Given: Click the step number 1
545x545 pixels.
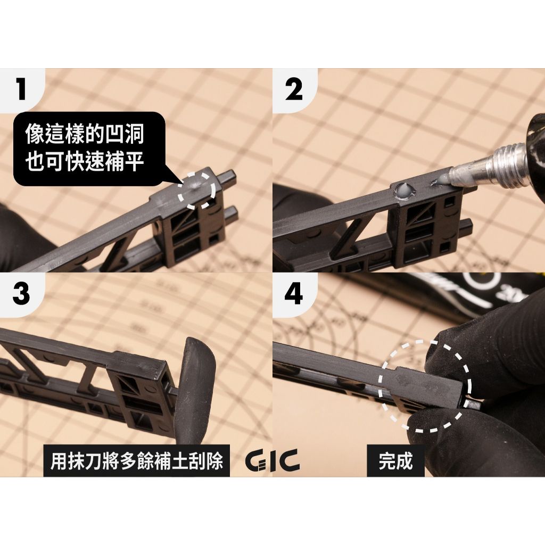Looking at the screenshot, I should pyautogui.click(x=21, y=89).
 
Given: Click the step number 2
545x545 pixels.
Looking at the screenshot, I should pyautogui.click(x=294, y=89).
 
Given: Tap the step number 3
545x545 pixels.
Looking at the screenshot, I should pyautogui.click(x=21, y=293).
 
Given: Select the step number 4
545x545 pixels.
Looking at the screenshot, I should pyautogui.click(x=294, y=293).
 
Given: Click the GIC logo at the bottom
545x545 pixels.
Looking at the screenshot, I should pyautogui.click(x=272, y=460).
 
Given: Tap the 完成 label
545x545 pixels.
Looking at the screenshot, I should pyautogui.click(x=395, y=461).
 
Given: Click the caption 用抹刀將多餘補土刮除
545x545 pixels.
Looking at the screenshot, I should pyautogui.click(x=136, y=460).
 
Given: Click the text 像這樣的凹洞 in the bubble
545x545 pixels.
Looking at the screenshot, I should pyautogui.click(x=85, y=135).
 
